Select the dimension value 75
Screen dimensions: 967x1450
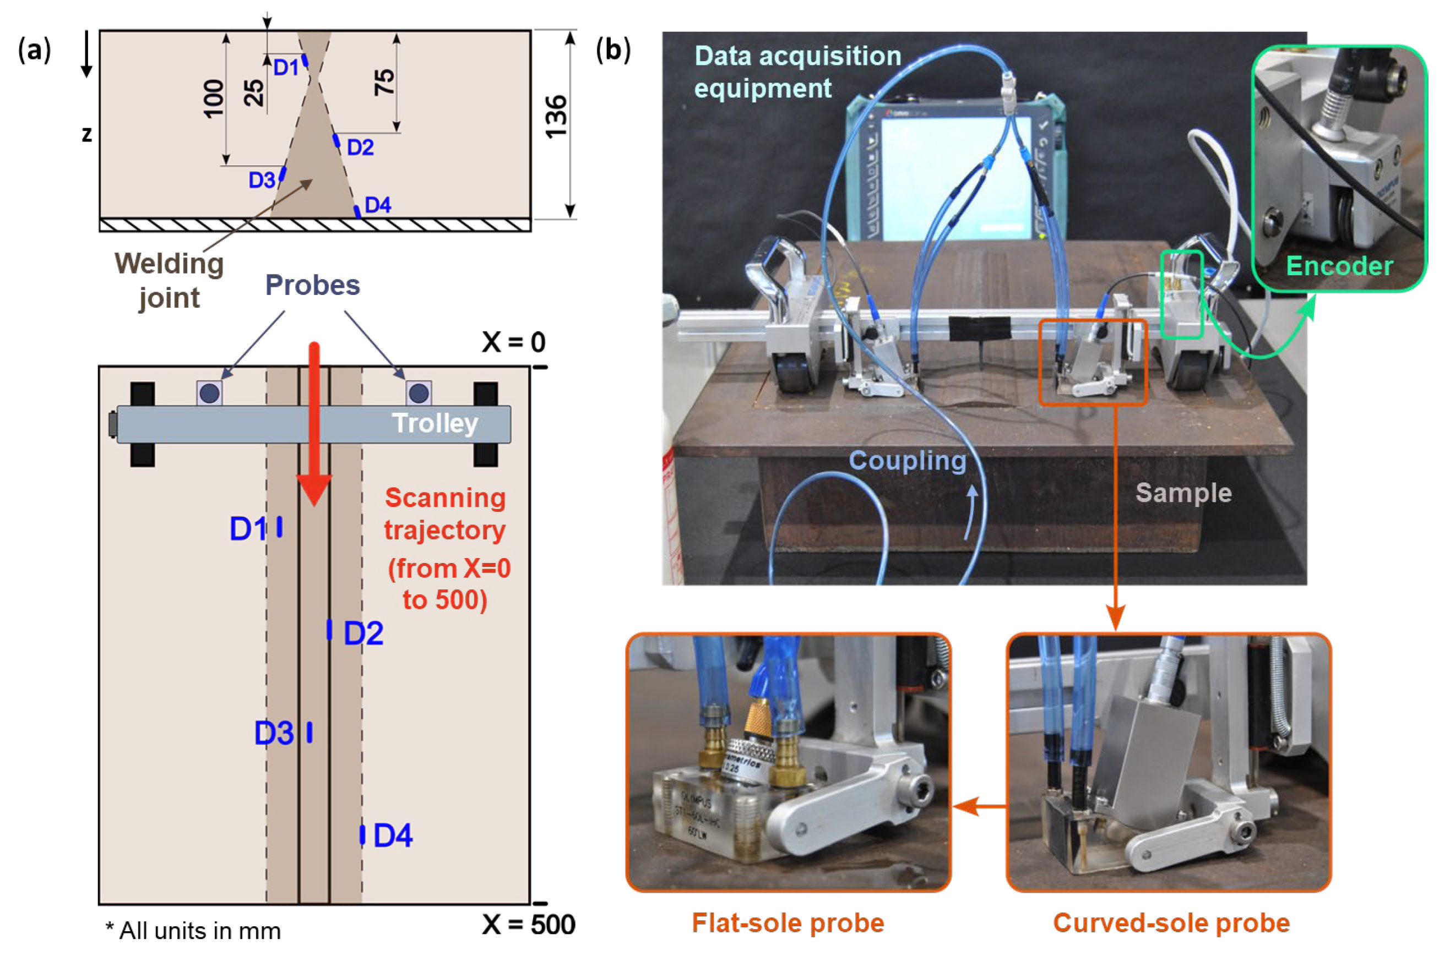(x=384, y=82)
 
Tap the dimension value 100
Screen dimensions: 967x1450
(x=214, y=99)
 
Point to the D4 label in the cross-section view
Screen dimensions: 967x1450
(x=378, y=205)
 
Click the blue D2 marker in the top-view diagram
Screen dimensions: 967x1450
(x=329, y=630)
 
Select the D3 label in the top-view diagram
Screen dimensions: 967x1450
(x=273, y=733)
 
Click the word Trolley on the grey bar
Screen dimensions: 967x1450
(x=435, y=424)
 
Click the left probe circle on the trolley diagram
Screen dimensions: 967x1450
(x=210, y=393)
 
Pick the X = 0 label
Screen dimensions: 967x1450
(x=513, y=342)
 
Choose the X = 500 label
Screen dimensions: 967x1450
(x=528, y=925)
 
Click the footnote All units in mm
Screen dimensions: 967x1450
(x=194, y=931)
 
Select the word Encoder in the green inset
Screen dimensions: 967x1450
(x=1339, y=266)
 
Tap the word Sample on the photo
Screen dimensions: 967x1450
(x=1183, y=493)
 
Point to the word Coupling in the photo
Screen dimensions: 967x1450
(x=907, y=461)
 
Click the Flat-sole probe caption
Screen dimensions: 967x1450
(x=788, y=923)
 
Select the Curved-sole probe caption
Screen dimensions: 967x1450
(x=1171, y=923)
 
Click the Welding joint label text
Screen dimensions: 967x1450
(x=169, y=281)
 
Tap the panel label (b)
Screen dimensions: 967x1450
(x=613, y=50)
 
